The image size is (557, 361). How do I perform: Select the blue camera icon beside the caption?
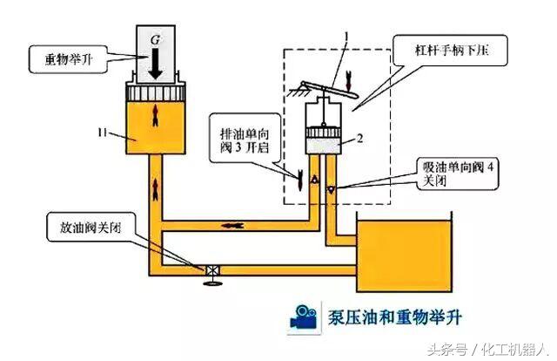[303, 317]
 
